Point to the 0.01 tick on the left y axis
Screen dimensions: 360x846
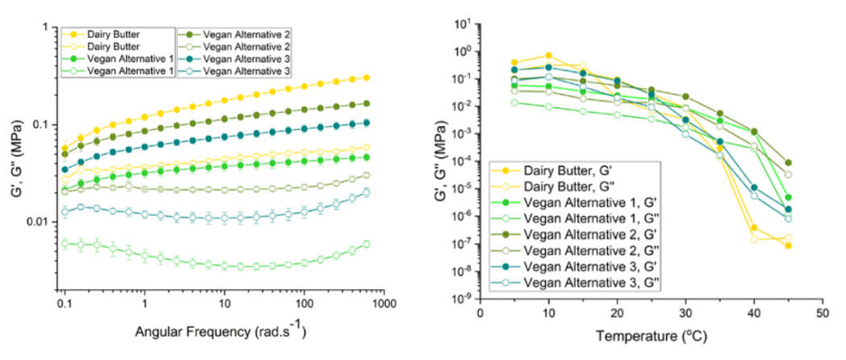pos(37,222)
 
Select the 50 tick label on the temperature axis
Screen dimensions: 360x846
pos(822,312)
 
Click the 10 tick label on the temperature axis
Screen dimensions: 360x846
pos(548,312)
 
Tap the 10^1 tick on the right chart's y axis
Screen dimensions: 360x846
pos(462,24)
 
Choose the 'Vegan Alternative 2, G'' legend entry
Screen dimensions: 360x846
pos(585,237)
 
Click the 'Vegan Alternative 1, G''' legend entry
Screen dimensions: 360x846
pos(588,220)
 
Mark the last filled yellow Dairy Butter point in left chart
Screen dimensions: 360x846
pos(366,77)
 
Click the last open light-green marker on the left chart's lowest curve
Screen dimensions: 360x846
pos(366,244)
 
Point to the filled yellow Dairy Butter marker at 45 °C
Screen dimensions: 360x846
pos(788,245)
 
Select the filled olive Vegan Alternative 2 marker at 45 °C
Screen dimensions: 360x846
pos(788,162)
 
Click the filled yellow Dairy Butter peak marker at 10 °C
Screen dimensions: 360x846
pos(548,56)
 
